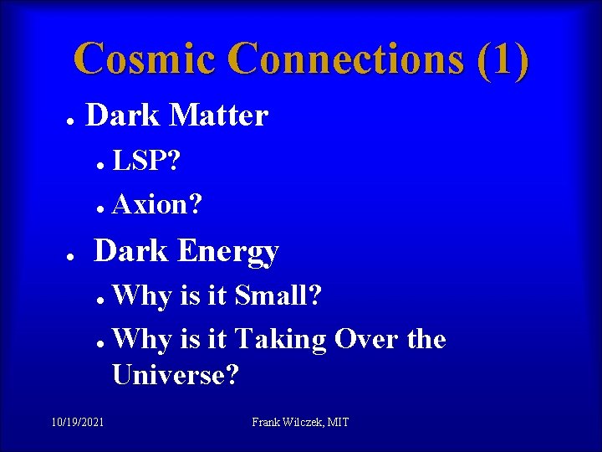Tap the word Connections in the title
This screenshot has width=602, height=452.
(343, 59)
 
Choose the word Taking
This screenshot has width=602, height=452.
(280, 340)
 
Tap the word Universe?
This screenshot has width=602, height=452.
(176, 375)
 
